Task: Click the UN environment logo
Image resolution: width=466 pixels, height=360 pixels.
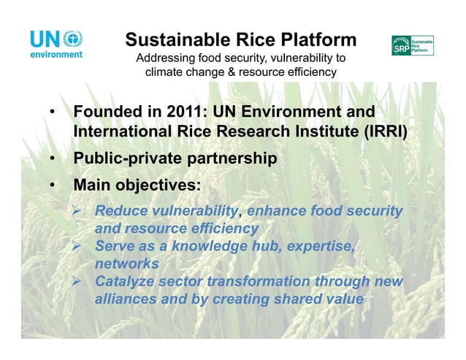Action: [x=56, y=44]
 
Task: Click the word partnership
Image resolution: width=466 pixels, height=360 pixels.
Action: [x=233, y=158]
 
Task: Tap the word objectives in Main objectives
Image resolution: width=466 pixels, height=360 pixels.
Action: [x=161, y=185]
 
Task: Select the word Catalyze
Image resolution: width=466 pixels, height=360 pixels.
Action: [x=126, y=282]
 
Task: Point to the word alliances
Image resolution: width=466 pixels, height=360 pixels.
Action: [x=126, y=299]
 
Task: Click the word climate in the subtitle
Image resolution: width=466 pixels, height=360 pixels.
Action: [x=167, y=72]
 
